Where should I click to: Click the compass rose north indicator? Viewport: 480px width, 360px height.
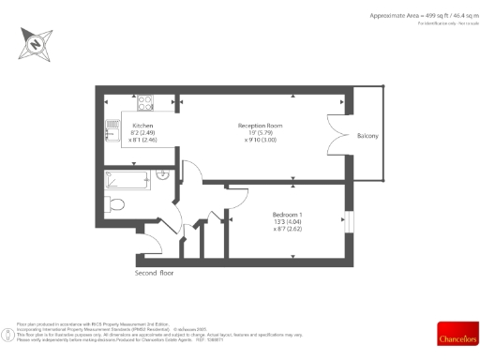click(x=36, y=43)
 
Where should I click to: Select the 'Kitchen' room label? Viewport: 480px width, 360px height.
click(x=142, y=126)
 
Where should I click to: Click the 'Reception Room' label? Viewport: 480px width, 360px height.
click(x=260, y=126)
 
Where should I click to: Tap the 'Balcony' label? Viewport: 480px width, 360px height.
click(x=367, y=137)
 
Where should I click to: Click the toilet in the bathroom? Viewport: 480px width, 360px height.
click(x=116, y=204)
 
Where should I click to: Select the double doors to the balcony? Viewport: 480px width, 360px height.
click(x=334, y=136)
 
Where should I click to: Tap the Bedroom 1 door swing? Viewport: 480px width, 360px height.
click(x=219, y=217)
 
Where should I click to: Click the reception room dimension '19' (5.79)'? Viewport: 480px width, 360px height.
click(x=260, y=133)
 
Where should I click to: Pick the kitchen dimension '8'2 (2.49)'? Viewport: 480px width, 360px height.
click(x=142, y=133)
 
